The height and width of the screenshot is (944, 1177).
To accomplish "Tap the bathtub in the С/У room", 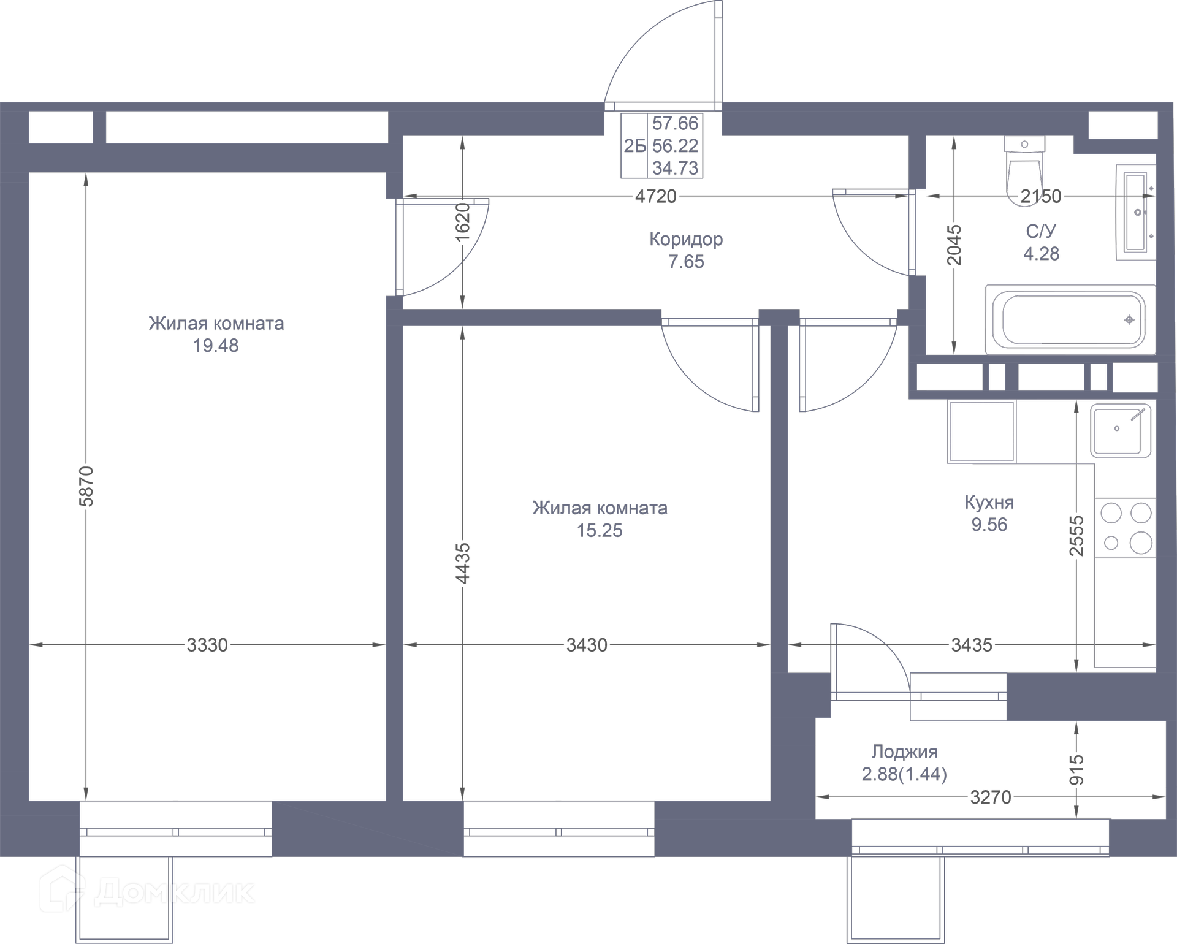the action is click(1070, 319).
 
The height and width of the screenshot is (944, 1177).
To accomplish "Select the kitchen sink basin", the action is click(1119, 431).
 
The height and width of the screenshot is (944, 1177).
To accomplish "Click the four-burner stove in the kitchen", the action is click(1126, 527).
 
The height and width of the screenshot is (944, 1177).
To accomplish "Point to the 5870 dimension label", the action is click(86, 486).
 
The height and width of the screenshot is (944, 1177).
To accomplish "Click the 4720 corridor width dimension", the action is click(656, 196).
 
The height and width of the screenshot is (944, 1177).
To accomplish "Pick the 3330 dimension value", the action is click(207, 645).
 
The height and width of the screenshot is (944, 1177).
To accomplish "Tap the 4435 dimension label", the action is click(463, 563).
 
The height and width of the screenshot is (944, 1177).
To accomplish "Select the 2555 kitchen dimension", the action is click(1077, 536).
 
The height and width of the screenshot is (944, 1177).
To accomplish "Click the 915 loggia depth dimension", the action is click(1077, 770).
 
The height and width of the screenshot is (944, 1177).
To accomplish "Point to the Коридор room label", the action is click(686, 239).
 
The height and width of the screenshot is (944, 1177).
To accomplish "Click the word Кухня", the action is click(989, 503).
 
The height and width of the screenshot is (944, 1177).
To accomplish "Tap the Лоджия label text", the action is click(905, 752).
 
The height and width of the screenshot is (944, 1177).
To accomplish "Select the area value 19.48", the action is click(216, 346).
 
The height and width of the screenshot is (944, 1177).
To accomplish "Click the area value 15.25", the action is click(600, 530).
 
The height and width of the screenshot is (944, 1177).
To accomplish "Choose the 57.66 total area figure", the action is click(675, 123).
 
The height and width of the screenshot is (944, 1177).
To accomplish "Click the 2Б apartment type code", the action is click(635, 146).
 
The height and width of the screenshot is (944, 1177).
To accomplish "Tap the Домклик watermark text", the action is click(174, 892).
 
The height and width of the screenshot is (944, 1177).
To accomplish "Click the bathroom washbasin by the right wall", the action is click(1136, 212).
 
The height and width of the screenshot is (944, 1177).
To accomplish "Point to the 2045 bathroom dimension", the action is click(954, 245).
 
